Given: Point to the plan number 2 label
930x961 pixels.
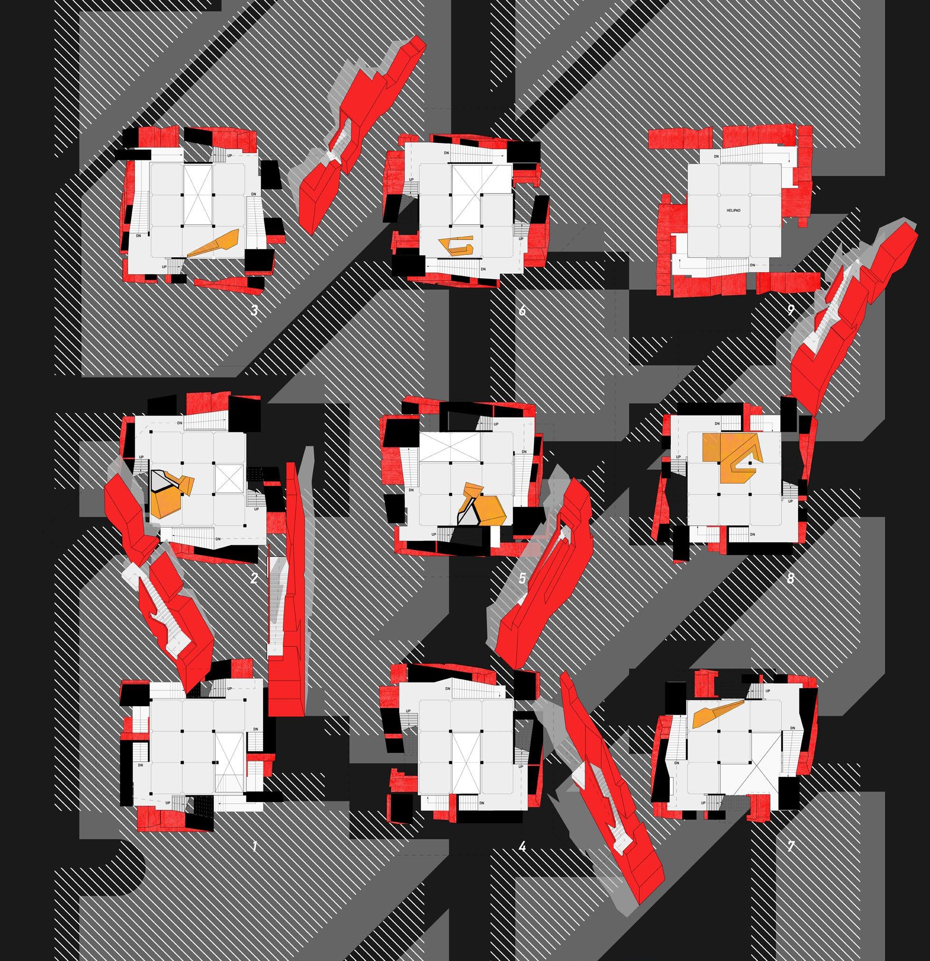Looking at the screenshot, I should [x=254, y=578].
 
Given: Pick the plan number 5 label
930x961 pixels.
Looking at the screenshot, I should [x=522, y=578].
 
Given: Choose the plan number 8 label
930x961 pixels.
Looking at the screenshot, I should [x=790, y=578].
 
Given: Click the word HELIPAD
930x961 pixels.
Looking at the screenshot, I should [x=733, y=210].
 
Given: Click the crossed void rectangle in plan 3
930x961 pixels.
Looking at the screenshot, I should [x=198, y=195].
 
